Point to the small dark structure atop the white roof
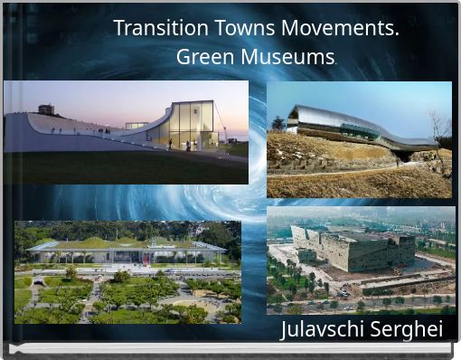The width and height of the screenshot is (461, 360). tap(46, 109)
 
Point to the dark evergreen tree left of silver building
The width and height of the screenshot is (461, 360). tap(278, 124)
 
